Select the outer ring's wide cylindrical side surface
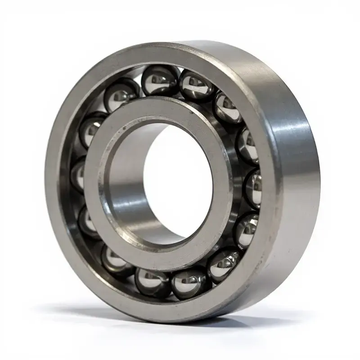pyautogui.click(x=292, y=180)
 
